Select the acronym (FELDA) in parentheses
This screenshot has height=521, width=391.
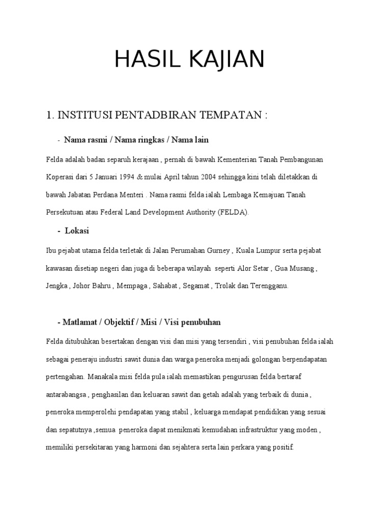233,212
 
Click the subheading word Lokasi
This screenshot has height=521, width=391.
77,231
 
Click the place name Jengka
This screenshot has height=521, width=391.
57,286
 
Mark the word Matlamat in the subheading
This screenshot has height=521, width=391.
80,323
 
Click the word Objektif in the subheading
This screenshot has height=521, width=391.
121,323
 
